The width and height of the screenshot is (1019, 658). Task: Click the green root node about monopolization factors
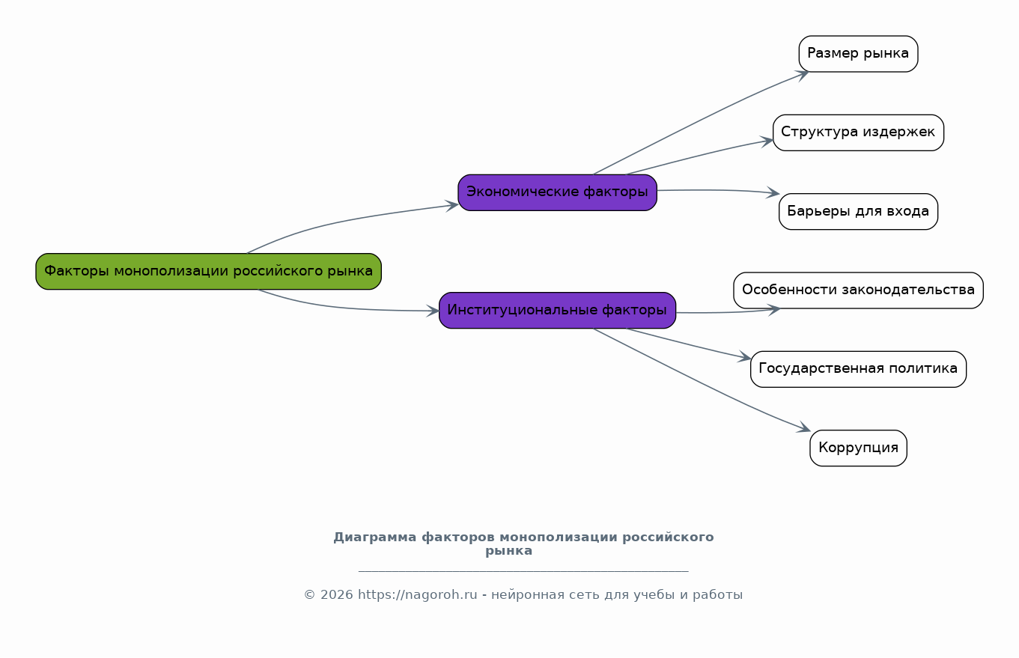click(208, 271)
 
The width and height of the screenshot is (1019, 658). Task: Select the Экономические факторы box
click(557, 192)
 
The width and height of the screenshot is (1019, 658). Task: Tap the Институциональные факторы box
click(557, 310)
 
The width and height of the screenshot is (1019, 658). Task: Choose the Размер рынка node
click(858, 54)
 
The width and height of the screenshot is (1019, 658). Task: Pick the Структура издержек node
click(858, 132)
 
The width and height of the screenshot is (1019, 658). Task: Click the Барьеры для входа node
click(858, 211)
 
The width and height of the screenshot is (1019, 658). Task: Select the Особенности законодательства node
click(858, 290)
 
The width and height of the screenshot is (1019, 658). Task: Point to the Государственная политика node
click(858, 369)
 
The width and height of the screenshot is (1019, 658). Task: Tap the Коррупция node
click(858, 448)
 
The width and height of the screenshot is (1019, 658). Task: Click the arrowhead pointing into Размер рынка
click(803, 73)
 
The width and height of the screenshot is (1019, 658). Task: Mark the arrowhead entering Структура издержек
click(767, 140)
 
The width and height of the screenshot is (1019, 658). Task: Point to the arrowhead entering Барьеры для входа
click(773, 194)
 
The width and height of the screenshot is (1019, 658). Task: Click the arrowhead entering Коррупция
click(805, 429)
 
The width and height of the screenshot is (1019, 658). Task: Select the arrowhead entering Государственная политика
click(745, 359)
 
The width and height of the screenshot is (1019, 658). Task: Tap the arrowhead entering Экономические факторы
click(452, 205)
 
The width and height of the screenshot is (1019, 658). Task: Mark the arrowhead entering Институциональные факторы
click(434, 311)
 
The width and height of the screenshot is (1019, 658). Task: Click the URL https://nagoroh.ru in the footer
click(417, 595)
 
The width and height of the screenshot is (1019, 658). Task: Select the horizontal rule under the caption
click(523, 571)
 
